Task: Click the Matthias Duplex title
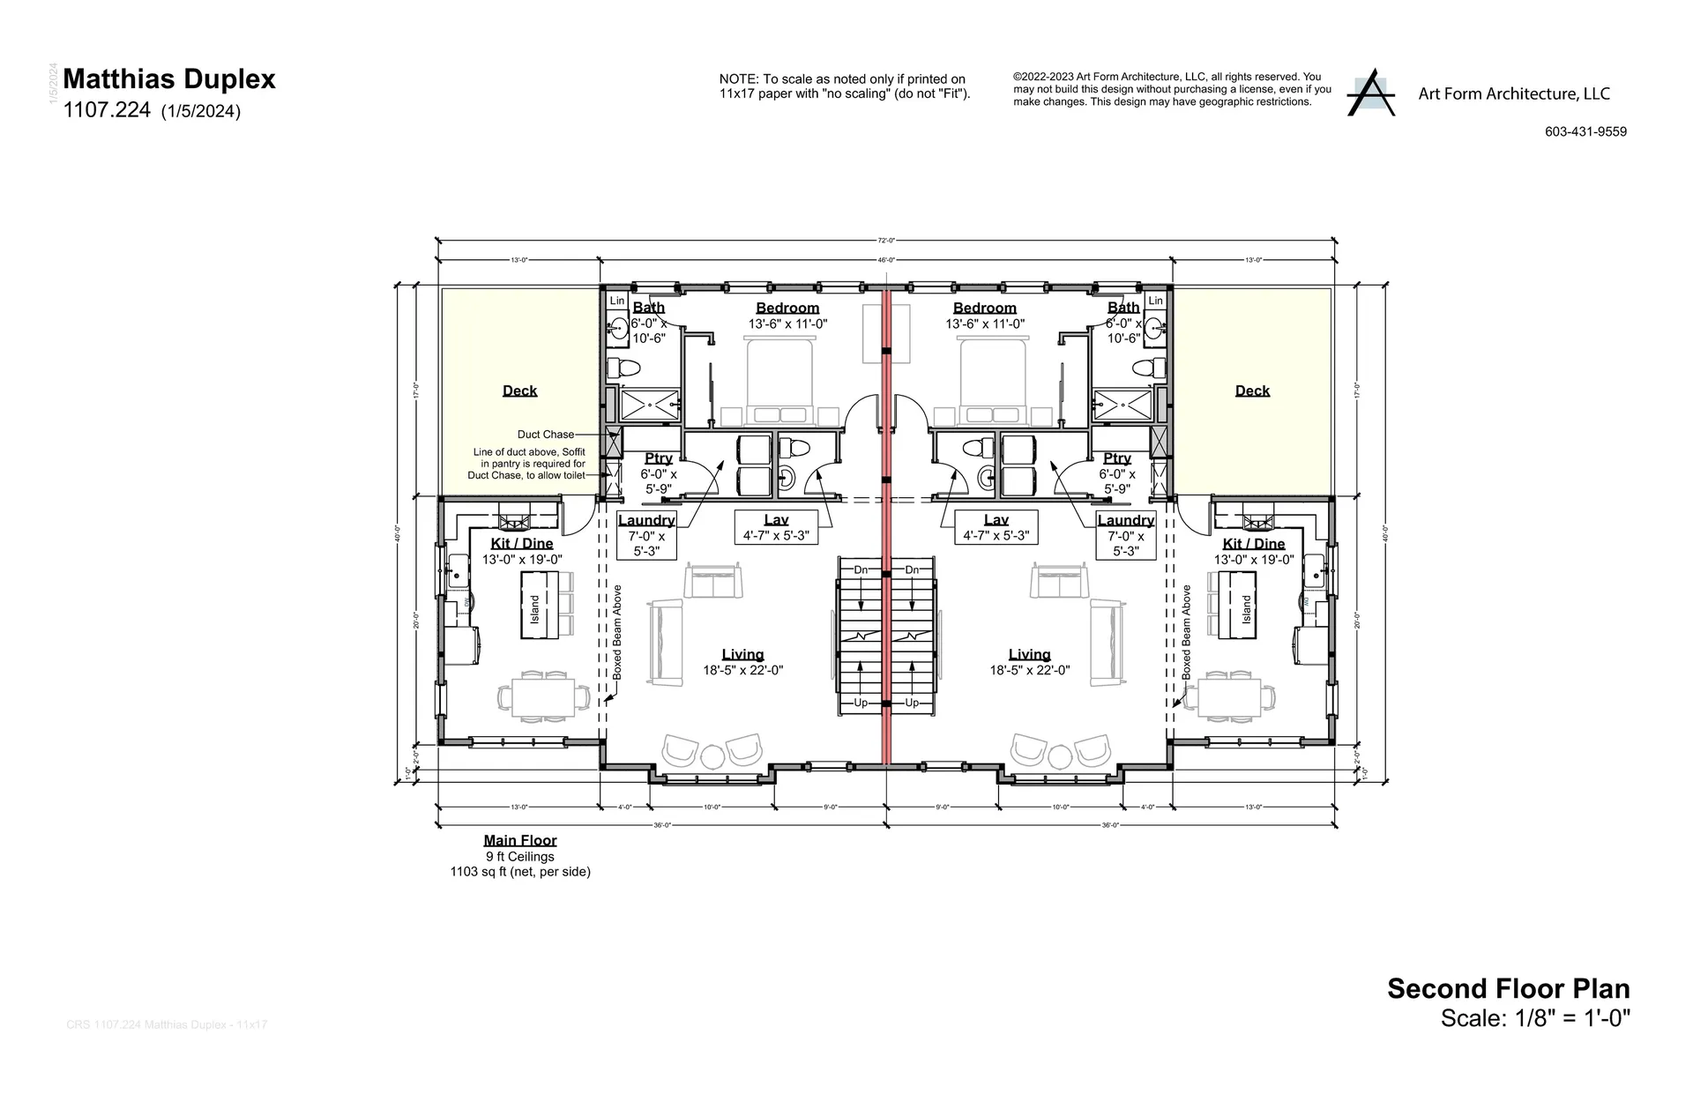[169, 79]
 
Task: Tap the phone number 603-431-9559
[1585, 132]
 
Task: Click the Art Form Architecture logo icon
[1370, 93]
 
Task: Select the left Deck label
[519, 391]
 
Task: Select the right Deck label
[1252, 391]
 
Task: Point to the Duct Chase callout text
[545, 435]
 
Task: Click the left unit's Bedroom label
[787, 308]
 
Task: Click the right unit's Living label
[1029, 654]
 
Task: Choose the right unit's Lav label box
[996, 527]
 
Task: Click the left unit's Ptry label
[658, 458]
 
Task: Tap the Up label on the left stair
[861, 703]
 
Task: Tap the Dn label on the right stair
[912, 570]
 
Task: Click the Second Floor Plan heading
[1508, 988]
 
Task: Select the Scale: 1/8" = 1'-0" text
[1535, 1018]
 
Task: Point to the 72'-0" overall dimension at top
[886, 241]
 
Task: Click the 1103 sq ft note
[520, 872]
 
